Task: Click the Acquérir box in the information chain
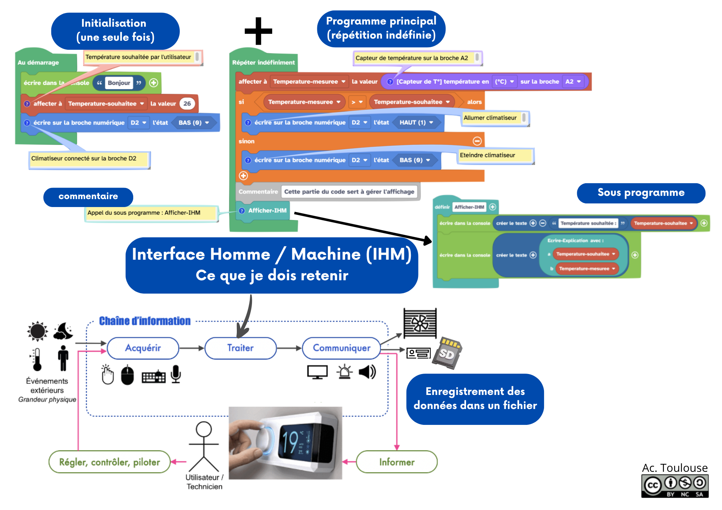(143, 348)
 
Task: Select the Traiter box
(240, 348)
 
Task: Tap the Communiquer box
(342, 348)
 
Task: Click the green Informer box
(397, 462)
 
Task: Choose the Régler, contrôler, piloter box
(109, 462)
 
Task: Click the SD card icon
(448, 353)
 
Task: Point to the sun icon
(38, 331)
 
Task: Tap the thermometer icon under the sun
(37, 360)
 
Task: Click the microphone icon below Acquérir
(176, 374)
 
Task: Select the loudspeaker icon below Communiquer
(367, 372)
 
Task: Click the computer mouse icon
(127, 375)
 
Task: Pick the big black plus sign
(258, 31)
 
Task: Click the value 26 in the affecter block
(187, 104)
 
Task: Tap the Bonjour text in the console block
(119, 83)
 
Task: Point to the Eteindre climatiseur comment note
(495, 155)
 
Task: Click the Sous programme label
(641, 193)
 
